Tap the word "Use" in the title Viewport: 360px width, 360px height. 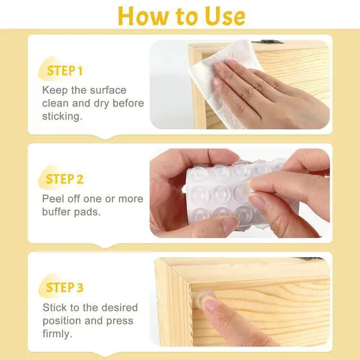225,16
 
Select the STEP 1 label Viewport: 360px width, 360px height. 65,71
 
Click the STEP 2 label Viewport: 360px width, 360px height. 65,179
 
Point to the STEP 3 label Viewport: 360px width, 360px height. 65,287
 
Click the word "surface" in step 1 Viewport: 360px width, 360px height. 108,90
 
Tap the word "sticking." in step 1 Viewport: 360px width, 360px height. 62,116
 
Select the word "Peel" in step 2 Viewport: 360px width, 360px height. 53,199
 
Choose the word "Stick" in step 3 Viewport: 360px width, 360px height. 54,308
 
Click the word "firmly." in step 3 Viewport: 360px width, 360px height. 57,334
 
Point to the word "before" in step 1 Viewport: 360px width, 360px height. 128,103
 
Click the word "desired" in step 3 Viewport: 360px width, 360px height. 119,308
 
